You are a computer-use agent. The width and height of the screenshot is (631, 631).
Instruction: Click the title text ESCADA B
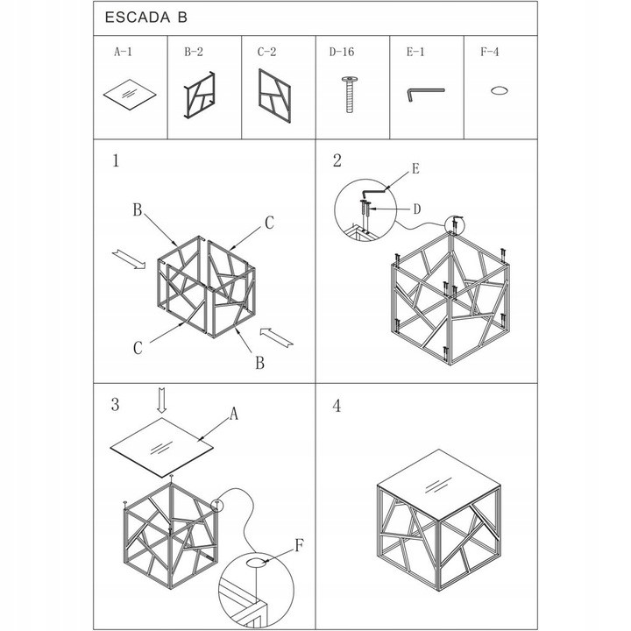coord(146,18)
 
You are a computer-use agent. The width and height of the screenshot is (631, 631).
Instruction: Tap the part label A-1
coord(124,52)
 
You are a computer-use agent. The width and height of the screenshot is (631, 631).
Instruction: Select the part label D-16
coord(342,52)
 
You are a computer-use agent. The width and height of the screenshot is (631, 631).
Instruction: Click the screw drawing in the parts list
coord(350,94)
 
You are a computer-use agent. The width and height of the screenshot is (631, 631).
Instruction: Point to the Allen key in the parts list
coord(425,94)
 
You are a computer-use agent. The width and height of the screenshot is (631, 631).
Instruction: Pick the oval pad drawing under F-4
coord(499,90)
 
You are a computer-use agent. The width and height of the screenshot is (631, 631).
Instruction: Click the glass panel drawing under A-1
coord(130,95)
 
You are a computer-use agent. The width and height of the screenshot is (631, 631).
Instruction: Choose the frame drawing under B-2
coord(200,96)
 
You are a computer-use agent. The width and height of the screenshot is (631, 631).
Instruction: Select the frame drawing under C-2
coord(275,96)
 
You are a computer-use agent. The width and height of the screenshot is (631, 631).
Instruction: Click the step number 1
coord(116,160)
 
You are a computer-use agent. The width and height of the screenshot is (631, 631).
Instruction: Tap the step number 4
coord(337,406)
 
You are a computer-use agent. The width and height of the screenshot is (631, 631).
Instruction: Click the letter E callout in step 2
coord(415,168)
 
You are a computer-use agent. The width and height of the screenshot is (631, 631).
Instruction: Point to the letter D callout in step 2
coord(417,209)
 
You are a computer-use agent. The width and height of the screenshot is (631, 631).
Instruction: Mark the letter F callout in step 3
coord(299,546)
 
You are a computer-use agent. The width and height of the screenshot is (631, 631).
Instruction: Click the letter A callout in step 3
coord(234,414)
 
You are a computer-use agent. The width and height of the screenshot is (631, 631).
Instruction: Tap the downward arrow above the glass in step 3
coord(162,401)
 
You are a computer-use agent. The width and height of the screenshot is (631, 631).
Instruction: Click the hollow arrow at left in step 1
coord(129,259)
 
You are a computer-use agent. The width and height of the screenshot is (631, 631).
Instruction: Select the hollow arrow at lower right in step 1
coord(276,337)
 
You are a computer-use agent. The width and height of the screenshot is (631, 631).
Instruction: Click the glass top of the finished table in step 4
coord(439,484)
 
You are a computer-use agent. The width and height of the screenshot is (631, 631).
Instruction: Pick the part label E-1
coord(415,52)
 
